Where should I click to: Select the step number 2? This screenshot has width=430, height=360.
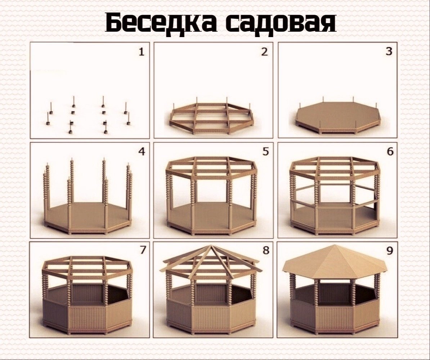[x=265, y=52]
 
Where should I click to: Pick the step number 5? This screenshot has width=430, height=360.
[x=265, y=152]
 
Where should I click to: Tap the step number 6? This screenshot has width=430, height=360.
[x=390, y=152]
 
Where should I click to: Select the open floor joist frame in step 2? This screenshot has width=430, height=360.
[x=211, y=117]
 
